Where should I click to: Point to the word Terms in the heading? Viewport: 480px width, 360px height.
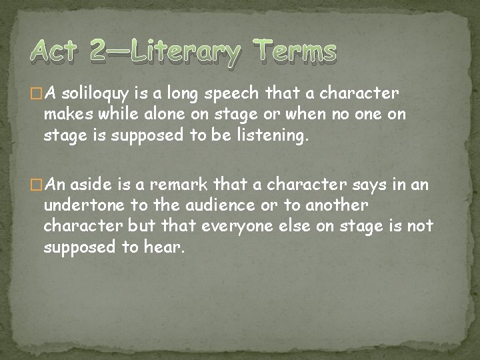click(x=295, y=52)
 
